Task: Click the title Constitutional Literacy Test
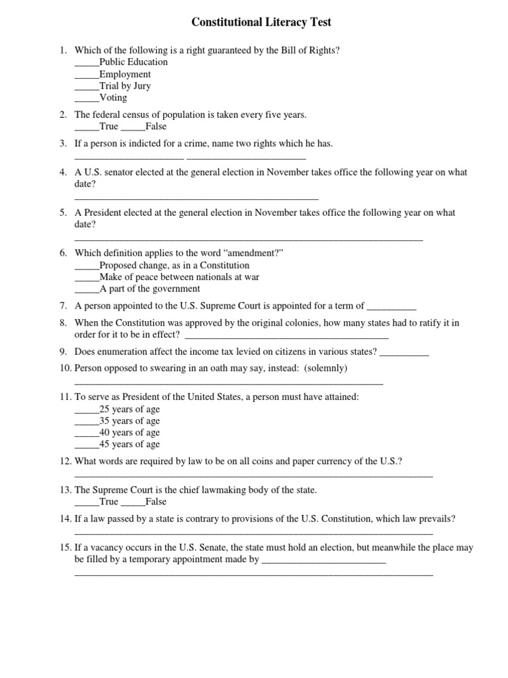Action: pyautogui.click(x=261, y=23)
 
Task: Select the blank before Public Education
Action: pyautogui.click(x=86, y=62)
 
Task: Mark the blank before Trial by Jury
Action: pyautogui.click(x=86, y=86)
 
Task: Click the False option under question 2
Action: pyautogui.click(x=155, y=126)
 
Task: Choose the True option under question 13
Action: pyautogui.click(x=109, y=502)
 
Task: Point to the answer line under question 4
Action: pyautogui.click(x=196, y=197)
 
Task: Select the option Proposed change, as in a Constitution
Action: pyautogui.click(x=174, y=266)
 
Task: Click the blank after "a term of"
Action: pyautogui.click(x=391, y=307)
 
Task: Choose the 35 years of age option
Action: pyautogui.click(x=129, y=421)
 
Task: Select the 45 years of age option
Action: pyautogui.click(x=129, y=445)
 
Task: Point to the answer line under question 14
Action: pyautogui.click(x=253, y=532)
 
